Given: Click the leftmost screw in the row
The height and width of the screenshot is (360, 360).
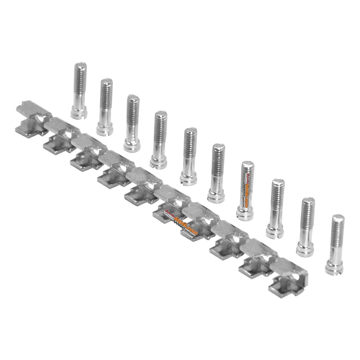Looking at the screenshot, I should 79,90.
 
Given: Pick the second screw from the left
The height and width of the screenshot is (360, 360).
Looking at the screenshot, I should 105,106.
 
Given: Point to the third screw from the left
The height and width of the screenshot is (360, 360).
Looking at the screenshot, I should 132,122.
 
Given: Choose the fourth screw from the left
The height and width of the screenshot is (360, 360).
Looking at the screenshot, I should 159,139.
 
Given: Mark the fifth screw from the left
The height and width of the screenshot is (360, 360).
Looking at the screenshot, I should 189,156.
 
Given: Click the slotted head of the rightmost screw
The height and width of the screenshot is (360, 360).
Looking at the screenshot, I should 334,268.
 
